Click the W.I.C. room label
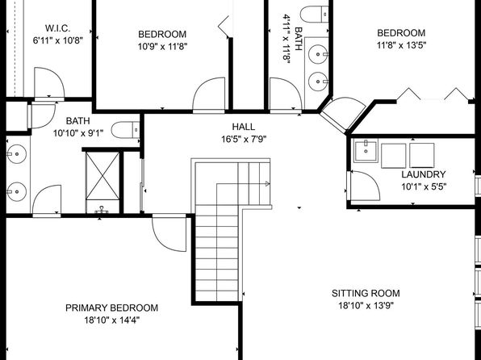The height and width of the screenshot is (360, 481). click(x=57, y=28)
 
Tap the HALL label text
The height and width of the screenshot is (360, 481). click(x=243, y=127)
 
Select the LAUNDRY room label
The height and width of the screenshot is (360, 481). click(x=424, y=174)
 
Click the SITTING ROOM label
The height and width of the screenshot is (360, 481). click(x=366, y=293)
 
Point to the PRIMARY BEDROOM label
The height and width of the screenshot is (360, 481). click(x=111, y=308)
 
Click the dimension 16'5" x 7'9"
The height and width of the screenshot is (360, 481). click(x=244, y=140)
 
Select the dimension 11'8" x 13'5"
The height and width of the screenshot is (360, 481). click(x=401, y=45)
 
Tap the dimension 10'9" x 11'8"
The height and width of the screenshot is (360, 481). click(x=162, y=47)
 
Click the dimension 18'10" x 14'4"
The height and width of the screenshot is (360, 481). click(x=112, y=320)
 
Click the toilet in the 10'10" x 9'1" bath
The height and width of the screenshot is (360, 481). click(x=125, y=130)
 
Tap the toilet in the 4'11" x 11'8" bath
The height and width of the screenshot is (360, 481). click(x=315, y=14)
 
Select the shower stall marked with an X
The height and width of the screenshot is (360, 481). click(x=102, y=176)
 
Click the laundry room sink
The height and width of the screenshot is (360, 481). click(x=366, y=150)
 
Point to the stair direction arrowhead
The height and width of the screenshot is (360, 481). click(x=267, y=184)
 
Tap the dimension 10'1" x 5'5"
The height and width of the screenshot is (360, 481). click(x=424, y=186)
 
